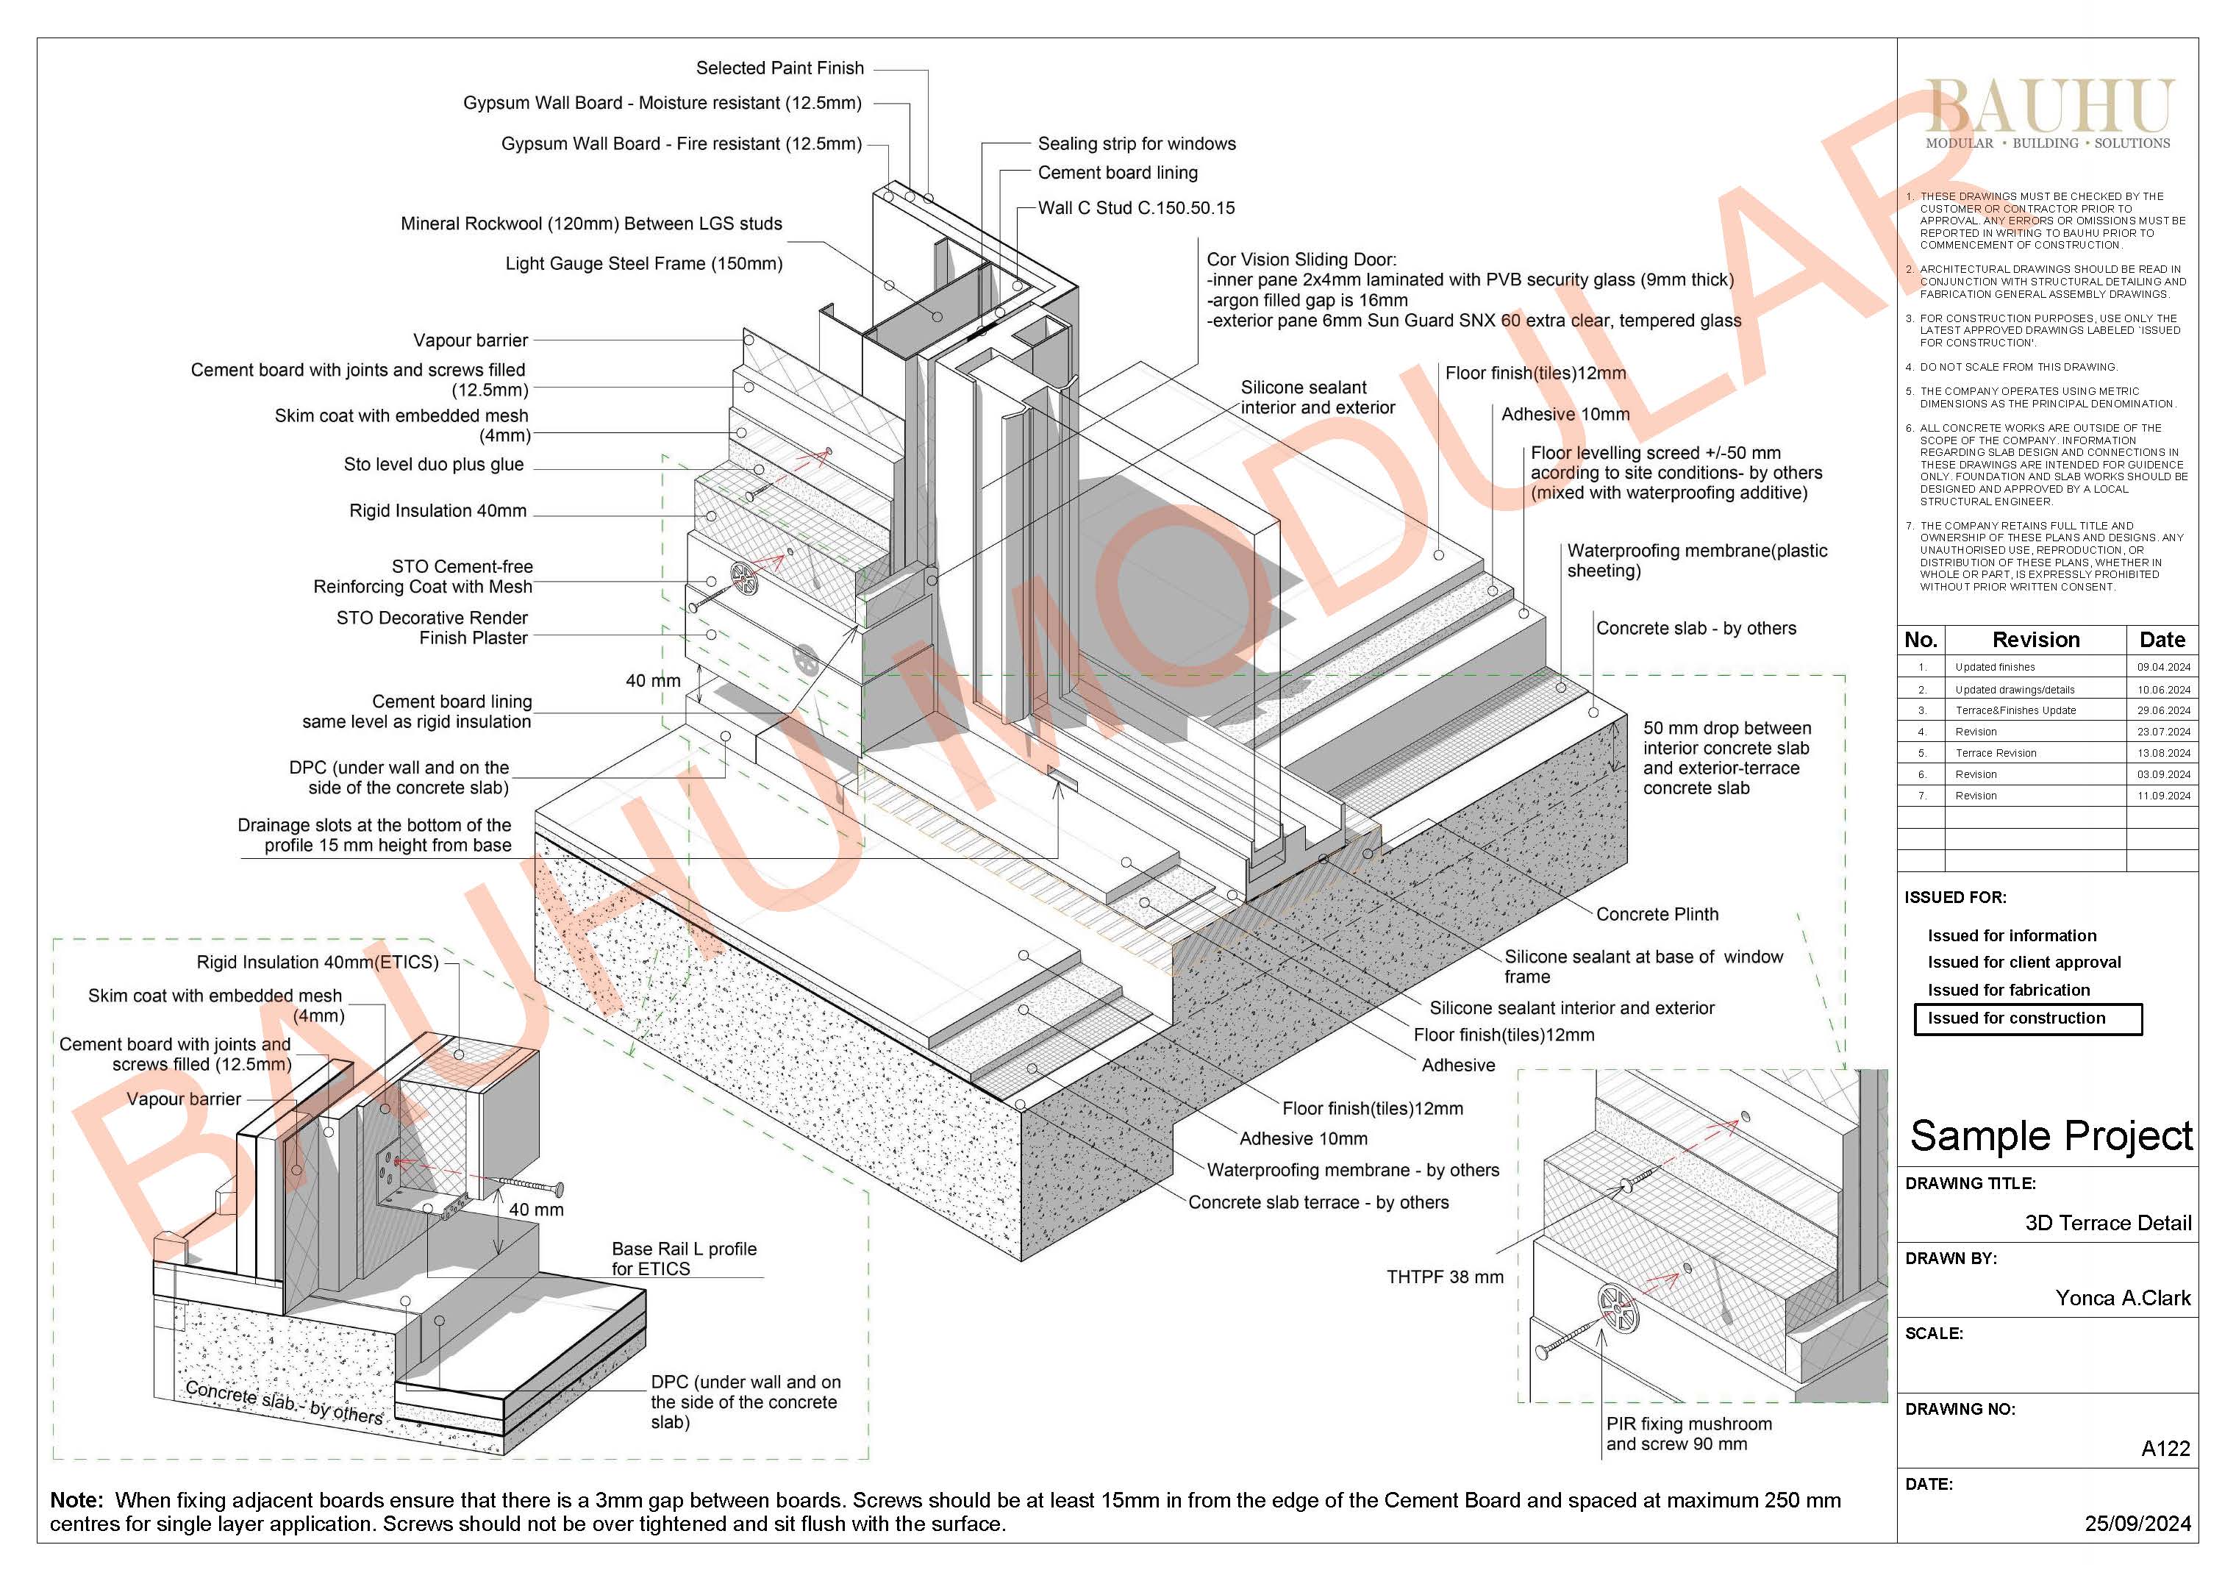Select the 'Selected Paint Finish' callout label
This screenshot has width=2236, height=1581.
point(779,68)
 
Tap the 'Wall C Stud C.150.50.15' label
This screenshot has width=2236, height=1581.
point(1135,207)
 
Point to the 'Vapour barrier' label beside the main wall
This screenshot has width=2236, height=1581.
point(471,340)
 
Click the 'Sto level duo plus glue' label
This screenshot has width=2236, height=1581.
point(433,465)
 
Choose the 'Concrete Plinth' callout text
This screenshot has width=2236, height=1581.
point(1657,914)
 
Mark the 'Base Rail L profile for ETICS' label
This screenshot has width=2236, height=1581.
point(684,1259)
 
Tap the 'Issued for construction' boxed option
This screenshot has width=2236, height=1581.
point(2026,1018)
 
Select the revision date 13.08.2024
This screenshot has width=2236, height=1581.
point(2163,753)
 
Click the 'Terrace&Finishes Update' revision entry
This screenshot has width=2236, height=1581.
point(2015,710)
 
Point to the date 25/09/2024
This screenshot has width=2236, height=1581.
point(2137,1524)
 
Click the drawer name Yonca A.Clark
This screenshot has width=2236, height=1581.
point(2122,1298)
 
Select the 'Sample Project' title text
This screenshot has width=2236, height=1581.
point(2050,1136)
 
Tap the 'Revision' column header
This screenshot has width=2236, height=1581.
point(2035,640)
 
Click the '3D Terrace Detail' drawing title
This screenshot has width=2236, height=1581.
point(2107,1223)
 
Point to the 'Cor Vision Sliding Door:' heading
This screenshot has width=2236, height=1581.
point(1301,259)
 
